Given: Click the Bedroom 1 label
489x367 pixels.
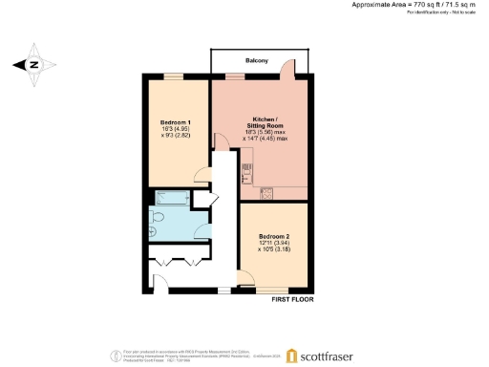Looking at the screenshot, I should click(x=177, y=122).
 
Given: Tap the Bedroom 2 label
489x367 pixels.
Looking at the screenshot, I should click(x=275, y=236).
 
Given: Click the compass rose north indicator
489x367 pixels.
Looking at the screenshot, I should click(x=34, y=65).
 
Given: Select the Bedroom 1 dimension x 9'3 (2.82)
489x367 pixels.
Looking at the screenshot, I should click(x=177, y=138).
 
